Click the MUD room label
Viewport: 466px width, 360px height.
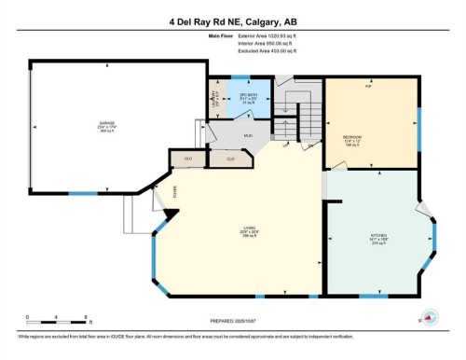[248, 136]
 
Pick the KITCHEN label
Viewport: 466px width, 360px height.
[378, 237]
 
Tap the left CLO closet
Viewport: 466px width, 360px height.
[187, 159]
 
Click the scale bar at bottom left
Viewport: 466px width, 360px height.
[57, 320]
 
